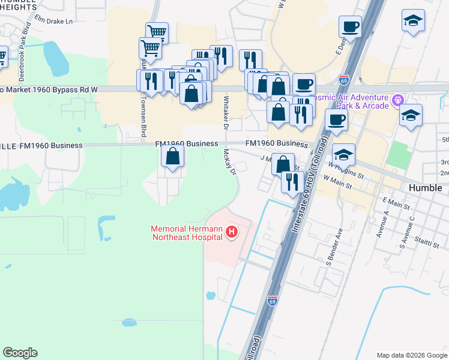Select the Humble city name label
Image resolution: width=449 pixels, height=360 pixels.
pos(425,188)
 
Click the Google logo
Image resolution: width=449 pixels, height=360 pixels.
pos(20,353)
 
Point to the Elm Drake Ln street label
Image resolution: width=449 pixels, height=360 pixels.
pos(53,21)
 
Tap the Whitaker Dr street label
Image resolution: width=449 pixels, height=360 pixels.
pos(226,112)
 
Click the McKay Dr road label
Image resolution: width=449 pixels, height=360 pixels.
pos(229,163)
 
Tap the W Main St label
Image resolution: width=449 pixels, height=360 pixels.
pos(337,180)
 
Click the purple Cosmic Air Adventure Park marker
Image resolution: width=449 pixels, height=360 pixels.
pos(396,100)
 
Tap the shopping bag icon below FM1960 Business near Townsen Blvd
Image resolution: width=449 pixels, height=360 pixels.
pos(172,157)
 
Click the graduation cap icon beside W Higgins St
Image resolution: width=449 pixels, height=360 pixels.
pos(343,155)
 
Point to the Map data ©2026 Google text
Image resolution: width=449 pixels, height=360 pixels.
pos(411,355)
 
